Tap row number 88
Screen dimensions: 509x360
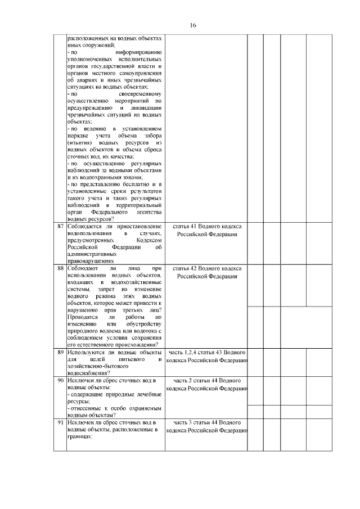60,268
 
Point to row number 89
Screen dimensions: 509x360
60,352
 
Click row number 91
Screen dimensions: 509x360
60,422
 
